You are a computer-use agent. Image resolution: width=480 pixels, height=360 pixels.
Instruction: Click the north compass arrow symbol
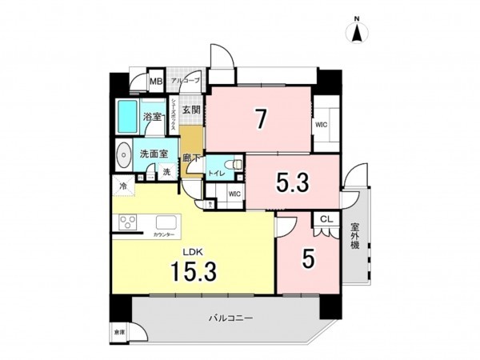[x=358, y=33]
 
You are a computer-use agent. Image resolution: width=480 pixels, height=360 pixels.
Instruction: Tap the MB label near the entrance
[x=156, y=82]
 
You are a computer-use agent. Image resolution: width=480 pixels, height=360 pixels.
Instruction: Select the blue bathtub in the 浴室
[x=127, y=117]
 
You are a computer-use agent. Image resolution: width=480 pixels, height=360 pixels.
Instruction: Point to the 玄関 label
[x=190, y=110]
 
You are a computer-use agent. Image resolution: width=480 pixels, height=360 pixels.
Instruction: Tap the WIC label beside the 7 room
[x=322, y=125]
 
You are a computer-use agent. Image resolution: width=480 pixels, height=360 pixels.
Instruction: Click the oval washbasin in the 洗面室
[x=123, y=154]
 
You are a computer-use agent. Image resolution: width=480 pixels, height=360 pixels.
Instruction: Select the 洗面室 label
[x=154, y=154]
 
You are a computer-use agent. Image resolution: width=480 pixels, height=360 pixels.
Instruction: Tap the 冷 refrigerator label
[x=123, y=186]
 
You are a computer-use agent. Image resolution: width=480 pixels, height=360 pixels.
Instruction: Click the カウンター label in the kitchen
[x=164, y=234]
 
